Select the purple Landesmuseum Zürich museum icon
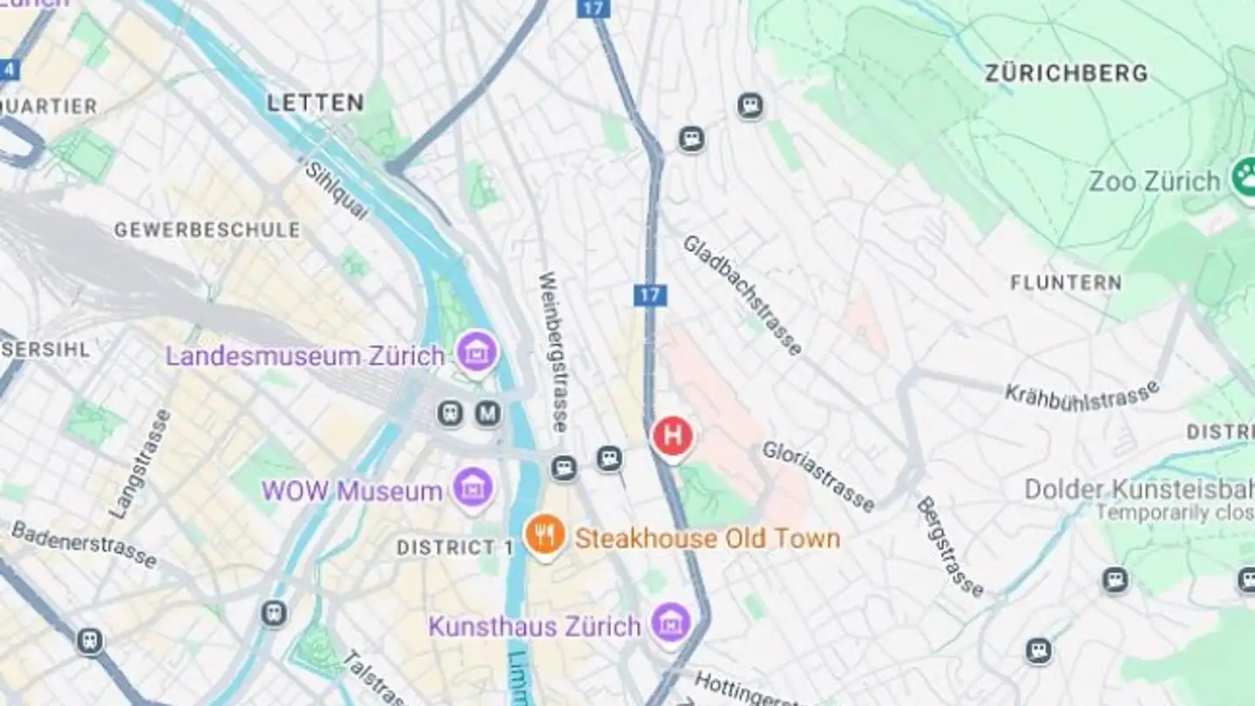click(477, 353)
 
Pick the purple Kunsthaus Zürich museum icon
click(671, 623)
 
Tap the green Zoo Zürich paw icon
click(1245, 179)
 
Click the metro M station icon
click(488, 413)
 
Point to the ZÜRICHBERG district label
click(1066, 74)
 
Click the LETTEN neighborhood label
click(315, 103)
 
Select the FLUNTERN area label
click(1066, 282)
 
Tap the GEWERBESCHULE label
click(207, 230)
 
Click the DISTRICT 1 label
click(455, 548)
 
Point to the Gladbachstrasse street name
click(742, 295)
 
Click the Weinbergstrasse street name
click(553, 351)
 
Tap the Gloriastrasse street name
click(817, 476)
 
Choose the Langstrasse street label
click(140, 464)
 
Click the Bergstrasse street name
click(950, 546)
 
